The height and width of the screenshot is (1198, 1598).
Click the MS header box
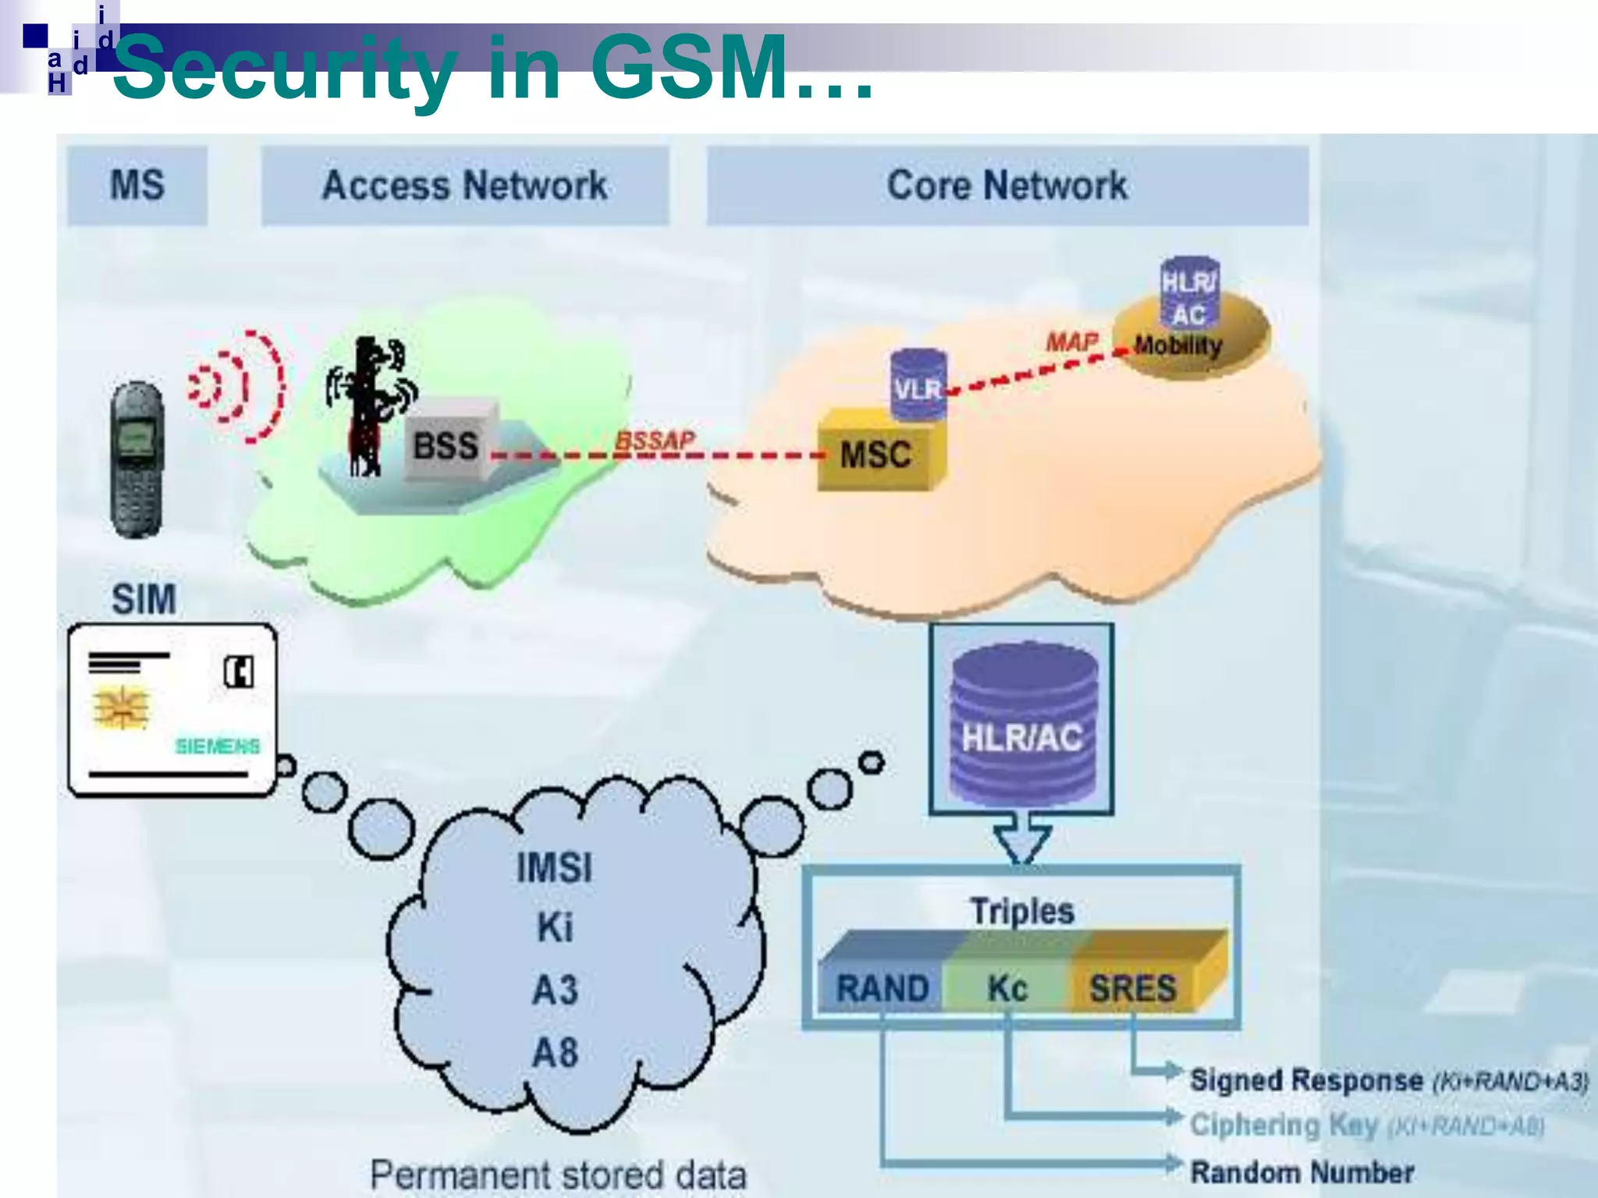click(137, 186)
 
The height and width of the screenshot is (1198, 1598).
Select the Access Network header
click(465, 186)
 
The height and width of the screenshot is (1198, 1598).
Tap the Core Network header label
click(1007, 186)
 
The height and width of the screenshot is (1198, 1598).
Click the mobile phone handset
click(137, 460)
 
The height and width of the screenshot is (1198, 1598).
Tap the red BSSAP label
click(654, 441)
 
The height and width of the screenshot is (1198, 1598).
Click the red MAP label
click(1071, 342)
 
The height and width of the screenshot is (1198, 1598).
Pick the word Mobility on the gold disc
click(1178, 346)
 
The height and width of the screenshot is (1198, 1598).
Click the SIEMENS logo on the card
click(218, 746)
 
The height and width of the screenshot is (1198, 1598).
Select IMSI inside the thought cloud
click(555, 868)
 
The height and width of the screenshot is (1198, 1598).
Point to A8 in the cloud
click(555, 1053)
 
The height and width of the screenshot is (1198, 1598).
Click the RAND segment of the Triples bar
click(882, 988)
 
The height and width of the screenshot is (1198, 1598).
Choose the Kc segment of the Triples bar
click(1007, 988)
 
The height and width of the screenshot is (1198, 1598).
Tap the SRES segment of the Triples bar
click(1132, 988)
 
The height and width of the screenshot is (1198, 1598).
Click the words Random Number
click(1301, 1172)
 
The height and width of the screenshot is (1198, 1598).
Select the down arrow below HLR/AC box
click(1021, 838)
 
